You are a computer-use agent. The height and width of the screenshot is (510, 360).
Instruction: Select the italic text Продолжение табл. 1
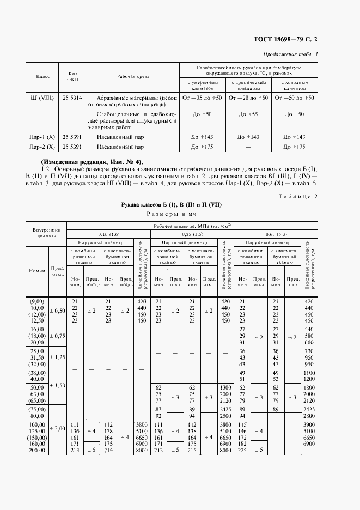[x=290, y=54]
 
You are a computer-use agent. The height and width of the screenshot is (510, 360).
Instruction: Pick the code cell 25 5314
[x=73, y=98]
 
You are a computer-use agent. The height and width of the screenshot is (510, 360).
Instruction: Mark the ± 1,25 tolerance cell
[x=57, y=357]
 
